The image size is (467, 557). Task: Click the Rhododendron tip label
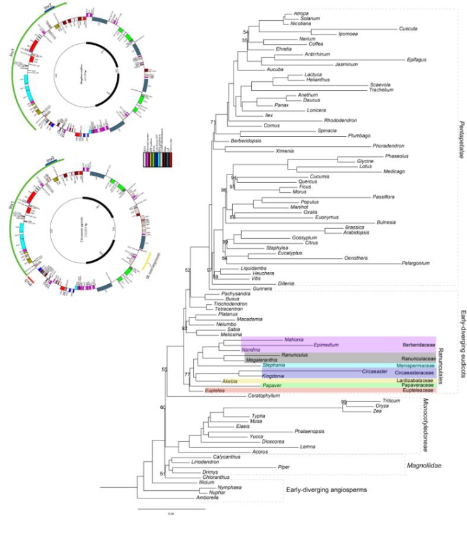(341, 120)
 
